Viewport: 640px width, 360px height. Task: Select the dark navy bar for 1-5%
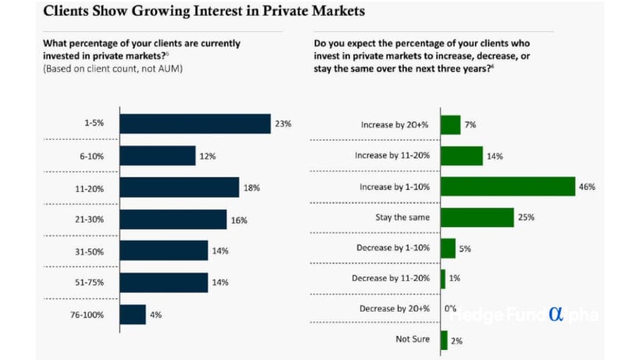[196, 123]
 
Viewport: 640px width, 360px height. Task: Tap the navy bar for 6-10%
[158, 155]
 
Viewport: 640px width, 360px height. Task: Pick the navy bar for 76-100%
[133, 314]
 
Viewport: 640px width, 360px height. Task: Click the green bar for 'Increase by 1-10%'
[507, 187]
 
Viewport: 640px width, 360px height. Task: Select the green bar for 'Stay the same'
[477, 217]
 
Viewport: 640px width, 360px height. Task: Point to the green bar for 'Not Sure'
[444, 340]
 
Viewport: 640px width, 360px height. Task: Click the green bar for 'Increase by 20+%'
[450, 125]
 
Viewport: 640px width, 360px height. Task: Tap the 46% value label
[588, 187]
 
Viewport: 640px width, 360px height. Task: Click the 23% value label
[283, 123]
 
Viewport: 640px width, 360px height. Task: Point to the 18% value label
[251, 187]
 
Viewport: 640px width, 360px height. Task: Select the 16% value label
[239, 220]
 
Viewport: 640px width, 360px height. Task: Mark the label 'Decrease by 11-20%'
[391, 278]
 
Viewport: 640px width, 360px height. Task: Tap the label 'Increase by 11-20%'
[393, 155]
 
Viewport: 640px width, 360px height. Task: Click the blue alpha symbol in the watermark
[556, 313]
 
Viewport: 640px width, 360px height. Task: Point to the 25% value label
[526, 218]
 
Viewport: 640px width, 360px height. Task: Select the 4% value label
[155, 315]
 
